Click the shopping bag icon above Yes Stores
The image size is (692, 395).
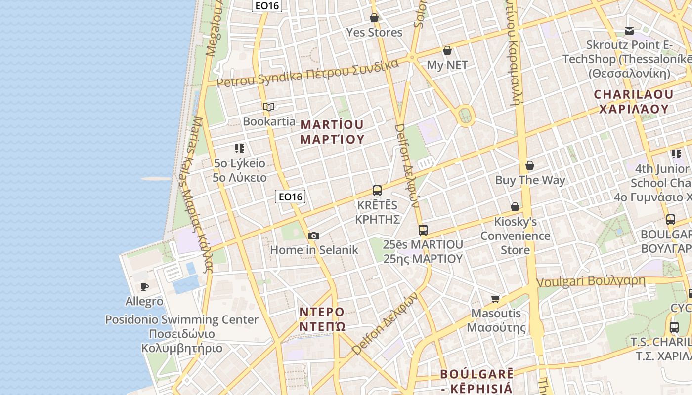coord(374,18)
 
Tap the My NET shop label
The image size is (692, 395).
coord(447,65)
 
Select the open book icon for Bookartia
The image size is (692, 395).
coord(269,107)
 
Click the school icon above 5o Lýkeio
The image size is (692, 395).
coord(240,148)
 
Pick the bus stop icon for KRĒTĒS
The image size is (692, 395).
coord(377,191)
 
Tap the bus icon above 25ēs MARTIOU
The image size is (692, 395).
coord(423,230)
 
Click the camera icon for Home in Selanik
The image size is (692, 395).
coord(313,236)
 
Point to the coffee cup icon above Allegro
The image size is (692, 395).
coord(144,287)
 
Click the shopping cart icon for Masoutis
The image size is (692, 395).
coord(495,299)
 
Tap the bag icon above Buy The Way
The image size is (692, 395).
coord(530,165)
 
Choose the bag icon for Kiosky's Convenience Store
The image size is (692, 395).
coord(515,207)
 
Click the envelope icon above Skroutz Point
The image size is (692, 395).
coord(629,31)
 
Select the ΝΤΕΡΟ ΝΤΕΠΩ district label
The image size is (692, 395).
coord(322,319)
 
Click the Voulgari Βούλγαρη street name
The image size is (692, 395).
coord(591,281)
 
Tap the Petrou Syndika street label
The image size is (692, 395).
coord(307,74)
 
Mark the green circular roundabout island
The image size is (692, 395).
coord(464,116)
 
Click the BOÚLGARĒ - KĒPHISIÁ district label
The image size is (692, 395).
coord(476,380)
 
